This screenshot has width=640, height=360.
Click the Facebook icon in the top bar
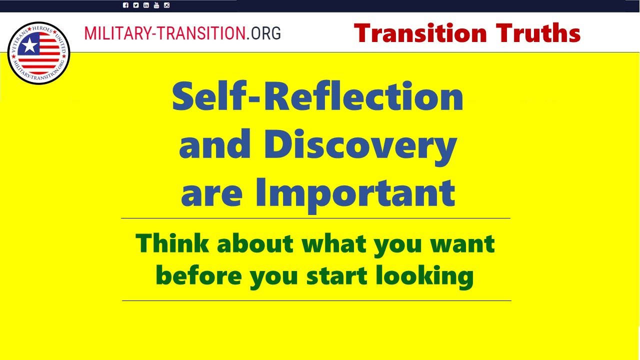[x=125, y=5]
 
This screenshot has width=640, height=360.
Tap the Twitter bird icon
[x=135, y=5]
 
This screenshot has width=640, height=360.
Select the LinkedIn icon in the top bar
[x=146, y=5]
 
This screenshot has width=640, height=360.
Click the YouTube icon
[x=156, y=5]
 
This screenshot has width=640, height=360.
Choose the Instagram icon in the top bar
[x=167, y=5]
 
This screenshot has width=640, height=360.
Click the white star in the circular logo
[x=29, y=45]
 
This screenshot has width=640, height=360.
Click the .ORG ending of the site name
[x=263, y=33]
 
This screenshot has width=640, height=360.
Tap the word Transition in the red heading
[x=420, y=33]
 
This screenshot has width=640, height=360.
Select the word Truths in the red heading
[x=538, y=33]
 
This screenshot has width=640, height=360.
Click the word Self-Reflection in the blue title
[x=317, y=96]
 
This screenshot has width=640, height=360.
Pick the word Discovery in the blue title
[x=360, y=146]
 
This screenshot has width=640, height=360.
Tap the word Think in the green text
[x=172, y=243]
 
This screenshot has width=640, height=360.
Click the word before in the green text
[x=199, y=275]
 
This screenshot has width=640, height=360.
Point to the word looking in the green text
[x=424, y=277]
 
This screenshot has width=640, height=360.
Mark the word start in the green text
[x=337, y=276]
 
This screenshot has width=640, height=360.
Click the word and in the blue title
[x=214, y=143]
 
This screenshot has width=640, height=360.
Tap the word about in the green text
[x=255, y=243]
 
